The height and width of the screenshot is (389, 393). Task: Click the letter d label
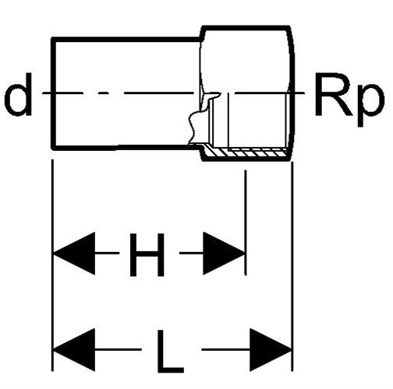click(18, 94)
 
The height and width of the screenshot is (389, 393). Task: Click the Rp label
click(349, 100)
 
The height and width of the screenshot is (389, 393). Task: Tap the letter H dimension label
click(147, 254)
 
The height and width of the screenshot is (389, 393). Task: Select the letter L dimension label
click(170, 352)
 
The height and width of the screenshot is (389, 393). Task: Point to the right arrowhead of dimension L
click(271, 350)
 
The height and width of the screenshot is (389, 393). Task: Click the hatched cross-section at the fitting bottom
click(247, 153)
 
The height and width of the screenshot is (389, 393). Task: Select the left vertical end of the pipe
click(53, 94)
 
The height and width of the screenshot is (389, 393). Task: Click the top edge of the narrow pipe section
click(126, 40)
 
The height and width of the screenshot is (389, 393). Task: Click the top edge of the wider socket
click(246, 27)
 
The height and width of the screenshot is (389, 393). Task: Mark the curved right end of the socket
click(292, 93)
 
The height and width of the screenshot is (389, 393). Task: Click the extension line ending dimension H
click(245, 223)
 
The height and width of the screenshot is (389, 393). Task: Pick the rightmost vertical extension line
click(292, 267)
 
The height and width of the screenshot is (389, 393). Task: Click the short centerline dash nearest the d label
click(104, 93)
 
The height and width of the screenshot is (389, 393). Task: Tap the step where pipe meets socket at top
click(201, 33)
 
